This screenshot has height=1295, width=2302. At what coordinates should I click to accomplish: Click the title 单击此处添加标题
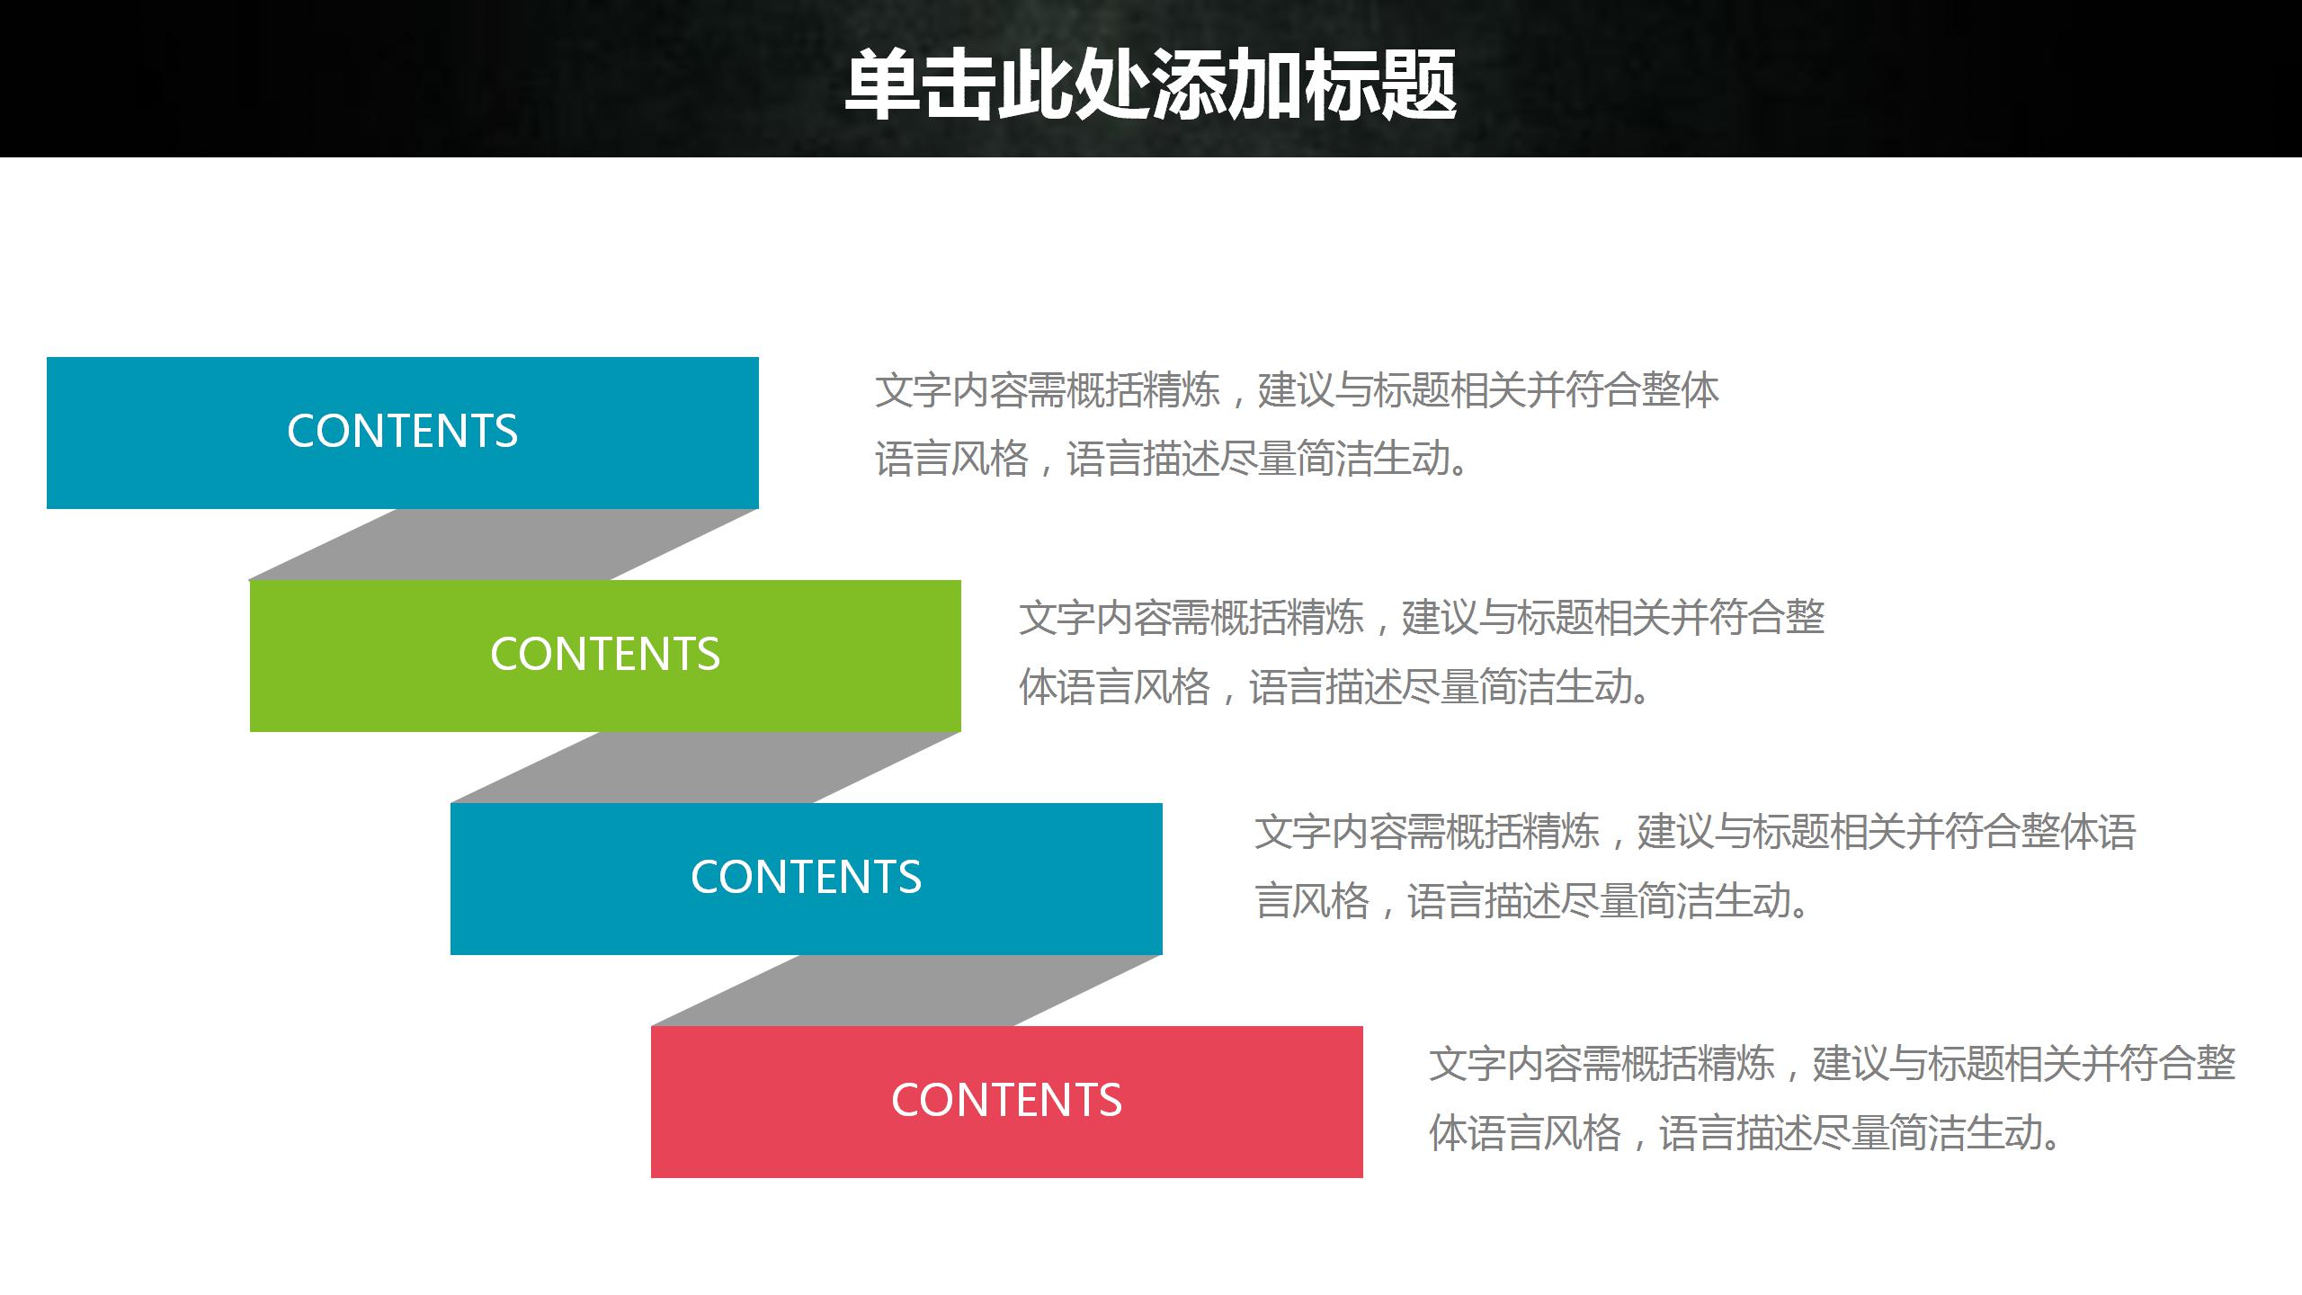pyautogui.click(x=1150, y=85)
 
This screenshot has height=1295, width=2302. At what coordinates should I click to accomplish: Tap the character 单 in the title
pyautogui.click(x=883, y=85)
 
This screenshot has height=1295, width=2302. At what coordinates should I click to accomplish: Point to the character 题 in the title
pyautogui.click(x=1418, y=85)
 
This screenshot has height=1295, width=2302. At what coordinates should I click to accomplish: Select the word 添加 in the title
pyautogui.click(x=1227, y=85)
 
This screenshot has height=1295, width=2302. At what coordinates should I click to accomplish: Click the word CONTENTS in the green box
pyautogui.click(x=604, y=654)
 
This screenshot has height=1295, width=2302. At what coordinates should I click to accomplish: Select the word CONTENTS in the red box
pyautogui.click(x=1006, y=1100)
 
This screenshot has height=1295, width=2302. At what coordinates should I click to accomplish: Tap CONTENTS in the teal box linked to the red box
pyautogui.click(x=806, y=877)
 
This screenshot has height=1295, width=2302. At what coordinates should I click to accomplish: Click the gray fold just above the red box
pyautogui.click(x=906, y=990)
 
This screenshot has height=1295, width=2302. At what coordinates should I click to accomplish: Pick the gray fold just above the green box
pyautogui.click(x=504, y=544)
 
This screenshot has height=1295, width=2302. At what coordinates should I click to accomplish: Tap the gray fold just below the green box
pyautogui.click(x=705, y=767)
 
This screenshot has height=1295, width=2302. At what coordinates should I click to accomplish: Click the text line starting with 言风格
pyautogui.click(x=1532, y=900)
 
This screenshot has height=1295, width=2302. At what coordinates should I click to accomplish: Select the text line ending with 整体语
pyautogui.click(x=1694, y=831)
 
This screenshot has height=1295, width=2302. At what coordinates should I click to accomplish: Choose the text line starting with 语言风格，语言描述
pyautogui.click(x=1173, y=459)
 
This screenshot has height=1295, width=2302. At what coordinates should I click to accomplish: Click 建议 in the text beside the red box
pyautogui.click(x=1851, y=1064)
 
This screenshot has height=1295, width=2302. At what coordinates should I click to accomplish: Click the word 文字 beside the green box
pyautogui.click(x=1057, y=618)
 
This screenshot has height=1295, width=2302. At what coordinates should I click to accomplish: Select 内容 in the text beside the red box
pyautogui.click(x=1544, y=1064)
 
